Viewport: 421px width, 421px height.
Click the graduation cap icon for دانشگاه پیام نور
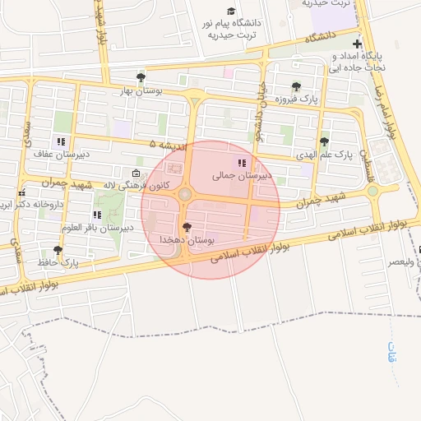click(231, 11)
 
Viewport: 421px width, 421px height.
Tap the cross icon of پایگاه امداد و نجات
click(356, 44)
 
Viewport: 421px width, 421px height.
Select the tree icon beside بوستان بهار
click(141, 77)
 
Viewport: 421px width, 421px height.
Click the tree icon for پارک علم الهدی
click(324, 141)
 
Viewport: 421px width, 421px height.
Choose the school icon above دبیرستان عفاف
click(61, 141)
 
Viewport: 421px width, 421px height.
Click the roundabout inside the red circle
click(184, 195)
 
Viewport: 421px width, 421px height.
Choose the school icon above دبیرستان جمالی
click(242, 162)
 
